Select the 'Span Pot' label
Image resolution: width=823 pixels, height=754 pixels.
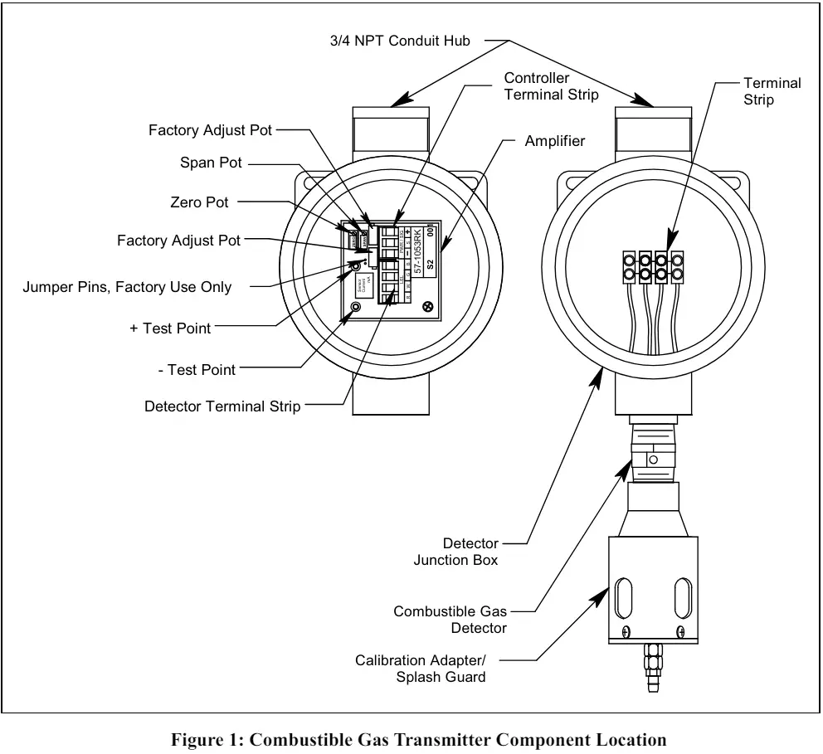click(211, 163)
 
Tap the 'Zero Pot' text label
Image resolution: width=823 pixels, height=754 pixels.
click(199, 202)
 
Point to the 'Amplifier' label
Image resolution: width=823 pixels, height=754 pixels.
click(554, 141)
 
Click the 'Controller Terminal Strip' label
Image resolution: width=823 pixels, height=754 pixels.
click(551, 86)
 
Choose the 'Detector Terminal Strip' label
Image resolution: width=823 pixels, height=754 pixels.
click(222, 406)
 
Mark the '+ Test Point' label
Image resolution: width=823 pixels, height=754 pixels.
click(170, 328)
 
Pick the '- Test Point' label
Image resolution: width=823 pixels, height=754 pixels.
click(196, 369)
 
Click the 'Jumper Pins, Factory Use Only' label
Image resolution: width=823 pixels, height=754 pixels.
click(127, 287)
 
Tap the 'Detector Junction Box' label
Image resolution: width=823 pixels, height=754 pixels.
click(456, 552)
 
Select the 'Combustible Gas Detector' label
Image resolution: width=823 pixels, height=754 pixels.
click(450, 620)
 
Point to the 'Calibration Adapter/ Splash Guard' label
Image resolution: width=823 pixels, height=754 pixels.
click(421, 669)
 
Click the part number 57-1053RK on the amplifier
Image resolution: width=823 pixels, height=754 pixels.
click(417, 255)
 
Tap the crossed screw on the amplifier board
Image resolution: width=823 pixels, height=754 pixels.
click(427, 306)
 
